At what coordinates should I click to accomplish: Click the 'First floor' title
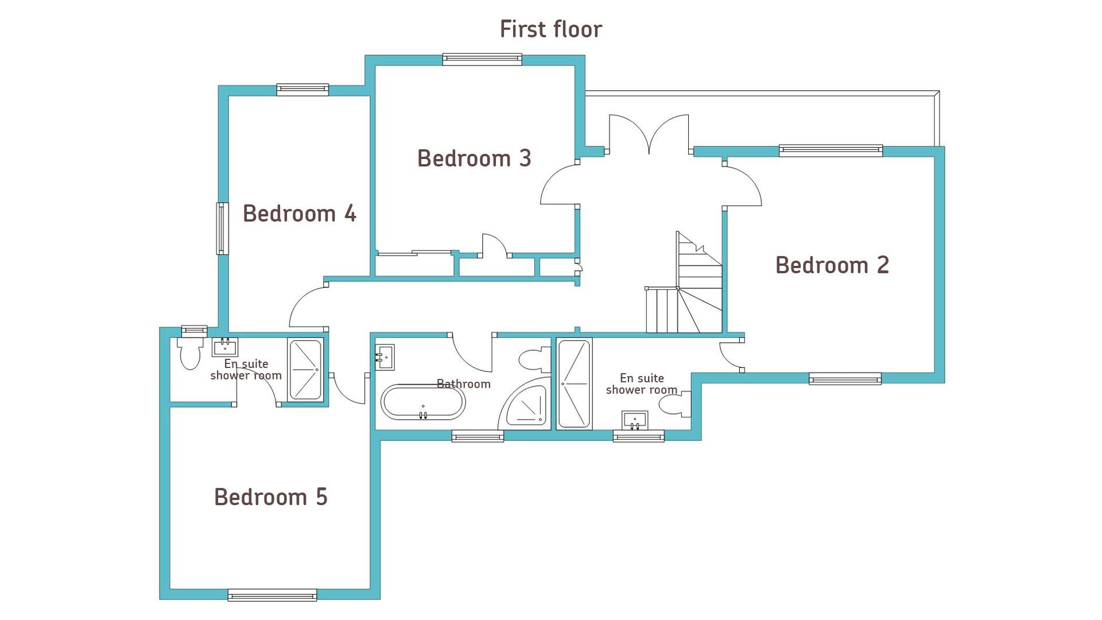[x=551, y=29]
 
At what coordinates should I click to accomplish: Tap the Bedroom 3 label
[x=474, y=158]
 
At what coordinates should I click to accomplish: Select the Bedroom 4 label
[x=300, y=214]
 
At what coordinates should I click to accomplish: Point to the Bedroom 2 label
[x=832, y=265]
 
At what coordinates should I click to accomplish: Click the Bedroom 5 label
[x=271, y=497]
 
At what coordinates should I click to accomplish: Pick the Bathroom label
[x=464, y=384]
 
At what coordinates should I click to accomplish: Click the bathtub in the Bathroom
[x=423, y=402]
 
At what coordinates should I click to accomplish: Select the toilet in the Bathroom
[x=534, y=361]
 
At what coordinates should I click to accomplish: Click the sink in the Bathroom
[x=385, y=357]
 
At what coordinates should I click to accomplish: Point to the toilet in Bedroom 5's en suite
[x=190, y=352]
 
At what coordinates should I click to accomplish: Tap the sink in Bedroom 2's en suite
[x=635, y=420]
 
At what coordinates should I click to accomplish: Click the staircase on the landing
[x=684, y=282]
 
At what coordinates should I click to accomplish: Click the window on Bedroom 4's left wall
[x=222, y=228]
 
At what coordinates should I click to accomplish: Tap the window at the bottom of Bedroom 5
[x=272, y=595]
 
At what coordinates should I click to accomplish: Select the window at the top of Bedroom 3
[x=482, y=59]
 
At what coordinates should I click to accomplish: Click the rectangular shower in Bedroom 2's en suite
[x=574, y=383]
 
